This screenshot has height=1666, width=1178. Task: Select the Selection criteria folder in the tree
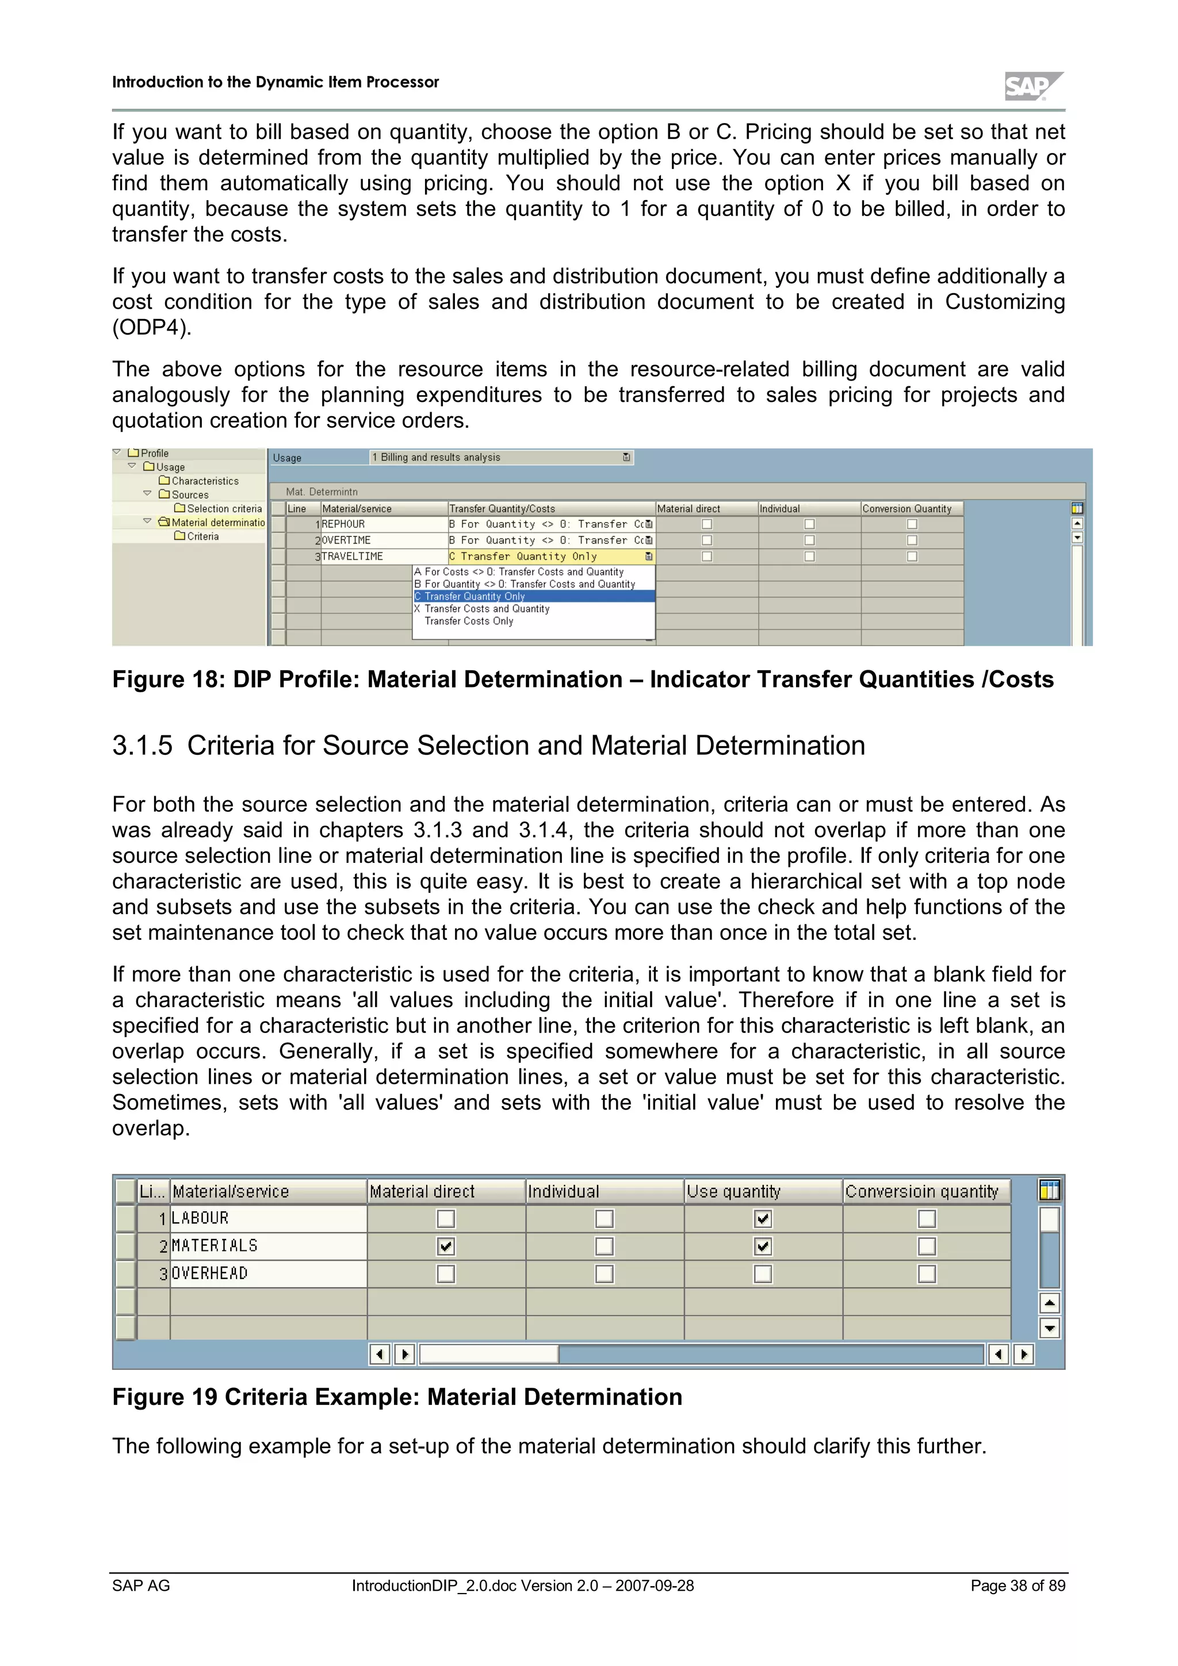click(224, 509)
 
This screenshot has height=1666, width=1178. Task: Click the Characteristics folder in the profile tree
click(204, 481)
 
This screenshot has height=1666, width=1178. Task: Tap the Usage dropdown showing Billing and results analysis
click(501, 457)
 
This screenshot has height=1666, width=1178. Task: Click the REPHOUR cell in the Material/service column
click(383, 524)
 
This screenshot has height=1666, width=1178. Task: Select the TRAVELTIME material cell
click(383, 556)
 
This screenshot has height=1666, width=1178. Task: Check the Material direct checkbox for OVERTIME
click(707, 540)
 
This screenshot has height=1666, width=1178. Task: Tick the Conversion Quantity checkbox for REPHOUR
click(912, 524)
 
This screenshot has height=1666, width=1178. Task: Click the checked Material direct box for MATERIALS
click(446, 1246)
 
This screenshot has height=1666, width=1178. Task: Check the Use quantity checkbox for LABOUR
click(763, 1218)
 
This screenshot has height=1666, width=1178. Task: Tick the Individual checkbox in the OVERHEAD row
click(604, 1273)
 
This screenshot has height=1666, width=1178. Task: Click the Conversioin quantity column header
click(922, 1192)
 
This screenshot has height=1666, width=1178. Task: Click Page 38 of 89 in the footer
click(1018, 1586)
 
